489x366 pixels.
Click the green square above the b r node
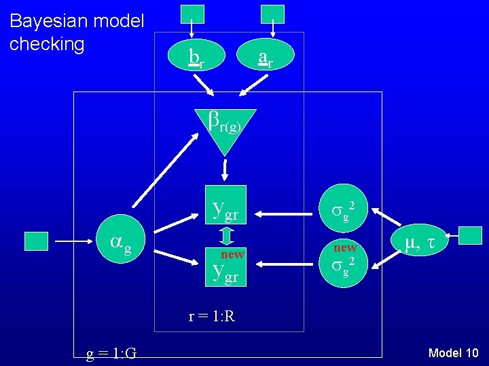coord(192,14)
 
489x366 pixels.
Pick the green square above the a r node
coord(272,14)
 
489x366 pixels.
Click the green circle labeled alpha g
coord(117,241)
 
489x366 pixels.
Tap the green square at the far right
coord(470,236)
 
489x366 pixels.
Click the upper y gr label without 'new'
coord(225,212)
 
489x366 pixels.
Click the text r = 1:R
coord(212,316)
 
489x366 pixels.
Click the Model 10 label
coord(454,352)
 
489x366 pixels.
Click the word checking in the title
coord(47,44)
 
